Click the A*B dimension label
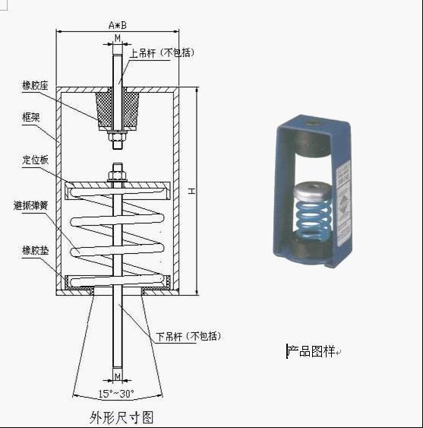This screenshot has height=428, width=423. click(x=118, y=25)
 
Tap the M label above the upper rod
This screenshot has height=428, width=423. click(x=118, y=38)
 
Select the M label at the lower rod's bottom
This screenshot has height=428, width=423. click(x=118, y=376)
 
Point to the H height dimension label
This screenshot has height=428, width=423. click(x=191, y=191)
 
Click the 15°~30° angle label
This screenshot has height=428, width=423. click(x=116, y=394)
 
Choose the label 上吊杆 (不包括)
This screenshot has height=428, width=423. click(x=163, y=52)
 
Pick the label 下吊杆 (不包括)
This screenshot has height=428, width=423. click(x=188, y=336)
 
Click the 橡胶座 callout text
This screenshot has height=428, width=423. click(x=35, y=86)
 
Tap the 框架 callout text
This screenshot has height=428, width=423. click(x=31, y=117)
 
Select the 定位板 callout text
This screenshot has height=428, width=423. click(x=35, y=160)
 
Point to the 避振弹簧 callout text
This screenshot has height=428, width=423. click(x=31, y=205)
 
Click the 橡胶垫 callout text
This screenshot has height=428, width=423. click(x=35, y=251)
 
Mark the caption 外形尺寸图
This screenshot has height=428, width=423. click(x=122, y=417)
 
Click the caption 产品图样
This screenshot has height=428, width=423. click(x=311, y=351)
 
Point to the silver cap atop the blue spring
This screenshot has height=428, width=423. click(x=313, y=190)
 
